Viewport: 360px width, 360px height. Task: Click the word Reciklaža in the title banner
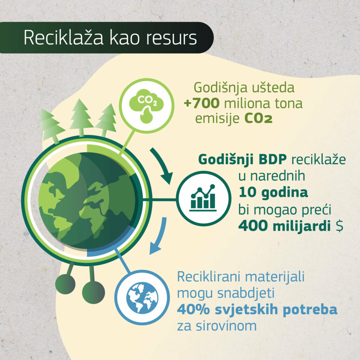tap(64, 37)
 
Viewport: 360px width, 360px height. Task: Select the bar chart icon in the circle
tap(203, 198)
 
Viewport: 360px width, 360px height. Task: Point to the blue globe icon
tap(142, 298)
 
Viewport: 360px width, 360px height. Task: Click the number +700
tap(202, 103)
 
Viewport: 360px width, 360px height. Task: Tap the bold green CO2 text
tap(258, 119)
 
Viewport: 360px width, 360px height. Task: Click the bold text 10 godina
tap(273, 192)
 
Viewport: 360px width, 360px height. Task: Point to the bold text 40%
tap(193, 309)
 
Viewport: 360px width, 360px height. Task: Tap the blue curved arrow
tap(160, 237)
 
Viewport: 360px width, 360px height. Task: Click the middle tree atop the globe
tap(81, 117)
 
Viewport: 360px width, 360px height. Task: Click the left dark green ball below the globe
tap(65, 284)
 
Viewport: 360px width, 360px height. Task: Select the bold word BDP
tap(272, 159)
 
